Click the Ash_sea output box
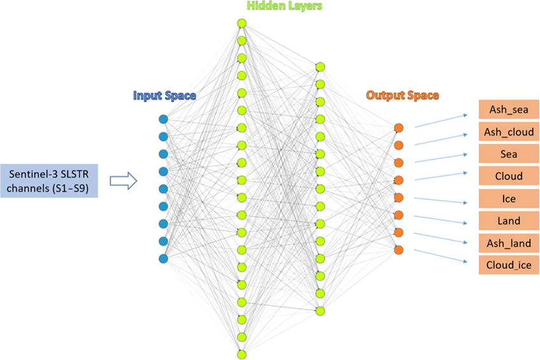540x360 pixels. pos(509,109)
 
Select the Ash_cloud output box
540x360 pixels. pos(509,132)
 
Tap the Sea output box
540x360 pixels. pos(509,154)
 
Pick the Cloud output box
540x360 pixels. pos(509,176)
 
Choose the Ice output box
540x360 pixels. pos(509,199)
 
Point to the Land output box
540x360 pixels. pos(509,221)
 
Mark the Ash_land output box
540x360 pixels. pos(509,243)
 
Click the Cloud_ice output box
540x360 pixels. pos(509,264)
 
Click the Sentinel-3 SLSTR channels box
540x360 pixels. pos(49,181)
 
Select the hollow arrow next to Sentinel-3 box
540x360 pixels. pos(124,182)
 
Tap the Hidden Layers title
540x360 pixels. pos(284,6)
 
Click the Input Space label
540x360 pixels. pos(164,96)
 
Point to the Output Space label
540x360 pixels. pos(402,96)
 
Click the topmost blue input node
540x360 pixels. pos(163,119)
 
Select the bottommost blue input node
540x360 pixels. pos(163,258)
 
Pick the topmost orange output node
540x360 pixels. pos(398,128)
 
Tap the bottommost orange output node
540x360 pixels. pos(398,250)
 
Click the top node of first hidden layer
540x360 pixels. pos(242,24)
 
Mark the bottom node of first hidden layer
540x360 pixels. pos(242,353)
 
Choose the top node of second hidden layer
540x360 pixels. pos(320,66)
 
